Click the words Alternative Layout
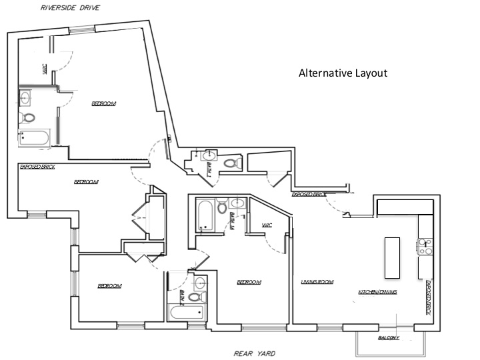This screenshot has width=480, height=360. click(343, 73)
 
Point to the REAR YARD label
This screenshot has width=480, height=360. click(254, 353)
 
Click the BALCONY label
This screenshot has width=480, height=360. click(389, 338)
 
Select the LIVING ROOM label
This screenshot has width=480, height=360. click(317, 282)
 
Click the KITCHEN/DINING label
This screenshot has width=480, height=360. click(377, 293)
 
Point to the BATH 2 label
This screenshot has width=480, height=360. click(181, 295)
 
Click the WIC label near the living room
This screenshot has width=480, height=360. click(267, 225)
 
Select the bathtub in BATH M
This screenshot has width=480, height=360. click(205, 215)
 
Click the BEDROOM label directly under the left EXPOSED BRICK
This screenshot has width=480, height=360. click(86, 182)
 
